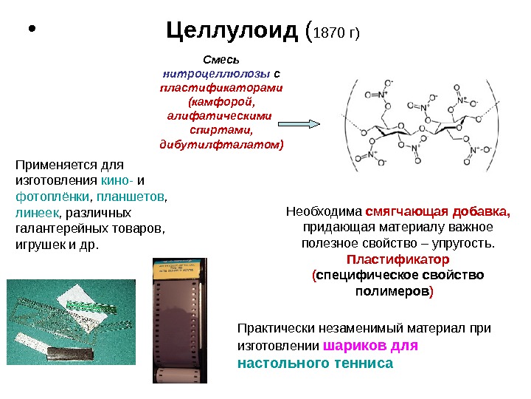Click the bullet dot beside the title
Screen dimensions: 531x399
point(30,32)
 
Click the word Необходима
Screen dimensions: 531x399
point(323,211)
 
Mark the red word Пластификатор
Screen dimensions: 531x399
point(398,260)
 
